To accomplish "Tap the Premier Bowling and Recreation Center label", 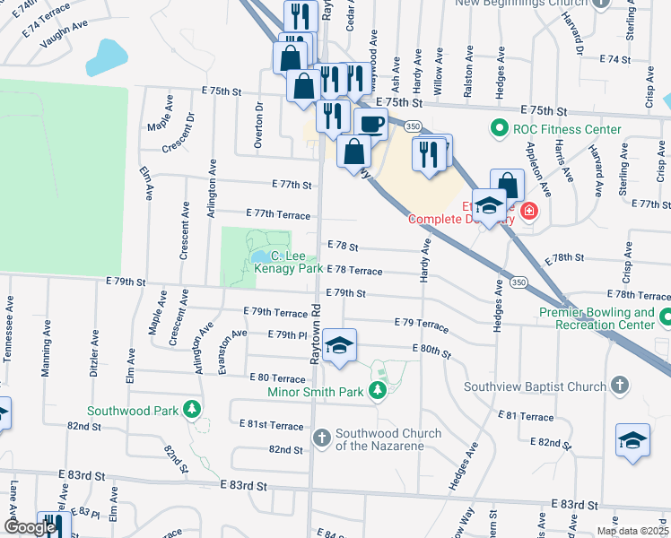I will tap(597, 318).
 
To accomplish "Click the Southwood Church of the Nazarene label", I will tap(388, 439).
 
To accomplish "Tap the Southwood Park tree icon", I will tap(191, 411).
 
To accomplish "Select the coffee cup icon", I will tap(370, 123).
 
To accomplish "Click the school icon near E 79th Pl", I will tap(340, 345).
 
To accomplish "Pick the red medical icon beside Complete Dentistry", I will tap(528, 212).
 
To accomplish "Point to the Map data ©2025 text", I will tap(632, 531).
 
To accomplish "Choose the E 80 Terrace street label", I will tap(277, 378).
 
